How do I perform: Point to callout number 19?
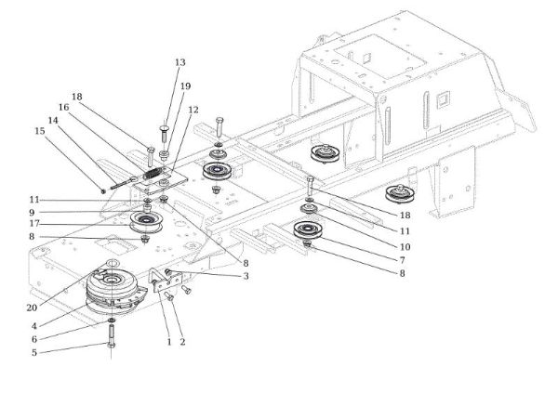click(185, 85)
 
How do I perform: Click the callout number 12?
click(193, 110)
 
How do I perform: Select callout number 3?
click(246, 277)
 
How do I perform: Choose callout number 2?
click(181, 342)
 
